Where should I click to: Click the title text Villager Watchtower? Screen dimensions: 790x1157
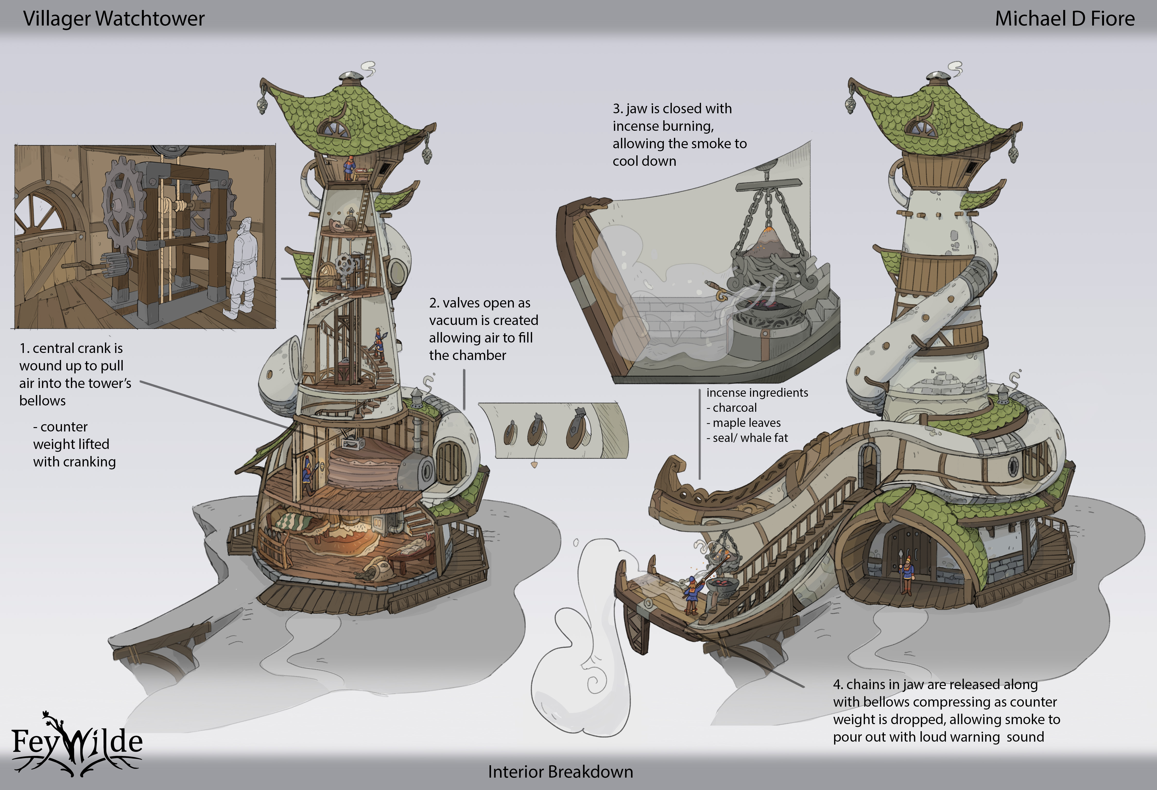point(114,19)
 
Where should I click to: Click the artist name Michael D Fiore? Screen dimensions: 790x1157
point(1064,19)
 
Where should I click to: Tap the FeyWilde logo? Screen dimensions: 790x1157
point(77,742)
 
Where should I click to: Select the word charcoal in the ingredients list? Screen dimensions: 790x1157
point(734,408)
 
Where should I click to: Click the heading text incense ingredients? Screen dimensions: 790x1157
point(757,393)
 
